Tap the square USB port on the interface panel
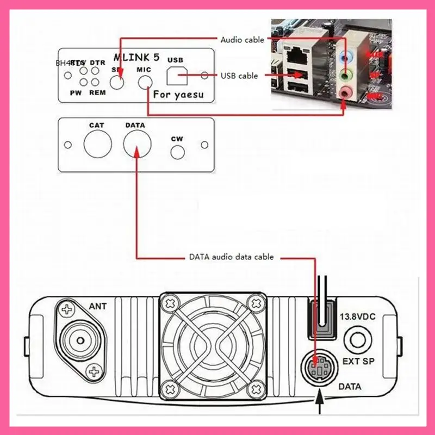(x=175, y=77)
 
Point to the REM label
(x=97, y=92)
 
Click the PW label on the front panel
(x=76, y=92)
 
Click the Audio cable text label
(x=243, y=40)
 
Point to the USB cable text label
(x=239, y=76)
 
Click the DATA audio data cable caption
(x=231, y=257)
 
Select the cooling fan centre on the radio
(x=212, y=343)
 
